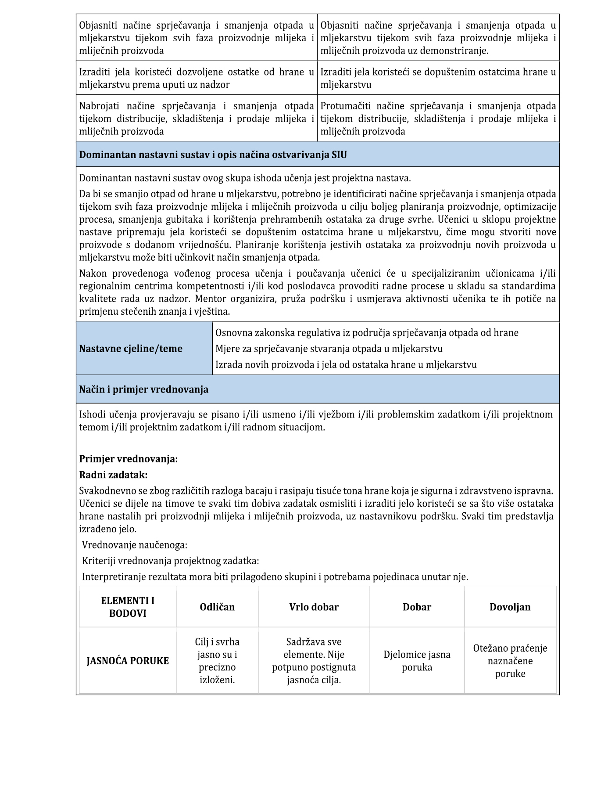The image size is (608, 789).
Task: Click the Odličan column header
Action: [x=217, y=607]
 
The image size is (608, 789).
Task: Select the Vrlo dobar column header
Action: [x=314, y=607]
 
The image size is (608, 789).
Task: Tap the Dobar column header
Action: [x=417, y=607]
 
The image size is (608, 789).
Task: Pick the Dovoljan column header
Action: [x=510, y=607]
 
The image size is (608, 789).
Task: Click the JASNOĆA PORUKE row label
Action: [x=128, y=661]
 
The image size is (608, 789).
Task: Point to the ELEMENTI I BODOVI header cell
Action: [x=128, y=607]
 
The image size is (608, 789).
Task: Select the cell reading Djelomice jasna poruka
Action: [x=417, y=661]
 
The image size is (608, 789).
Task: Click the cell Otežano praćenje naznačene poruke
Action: [x=510, y=661]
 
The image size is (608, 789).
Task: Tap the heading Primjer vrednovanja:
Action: [x=129, y=459]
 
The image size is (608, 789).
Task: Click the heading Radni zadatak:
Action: [x=113, y=475]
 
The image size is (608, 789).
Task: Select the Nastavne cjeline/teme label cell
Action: [x=131, y=349]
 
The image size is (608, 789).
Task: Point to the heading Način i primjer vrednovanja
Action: [x=144, y=389]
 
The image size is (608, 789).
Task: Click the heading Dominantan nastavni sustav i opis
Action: [x=213, y=155]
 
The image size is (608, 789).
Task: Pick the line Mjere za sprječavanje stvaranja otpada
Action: [x=329, y=349]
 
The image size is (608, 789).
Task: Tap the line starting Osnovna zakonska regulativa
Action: [x=367, y=333]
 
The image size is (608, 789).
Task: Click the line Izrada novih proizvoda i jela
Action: [x=346, y=364]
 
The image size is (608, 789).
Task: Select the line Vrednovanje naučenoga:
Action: [x=135, y=545]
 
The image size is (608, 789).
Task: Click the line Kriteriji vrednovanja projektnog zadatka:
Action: [x=171, y=561]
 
